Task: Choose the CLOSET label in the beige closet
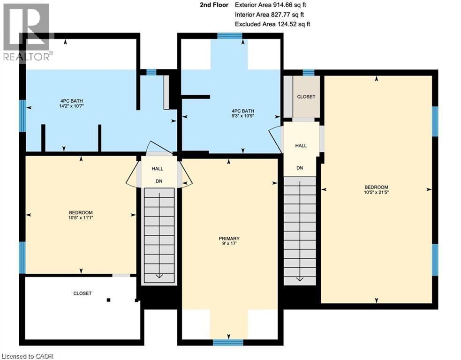(306, 97)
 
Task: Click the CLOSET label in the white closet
(82, 293)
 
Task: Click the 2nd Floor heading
(214, 5)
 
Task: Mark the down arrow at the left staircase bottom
(159, 276)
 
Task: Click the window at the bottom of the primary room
(228, 342)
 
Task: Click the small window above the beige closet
(308, 72)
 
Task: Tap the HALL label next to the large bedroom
(301, 146)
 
